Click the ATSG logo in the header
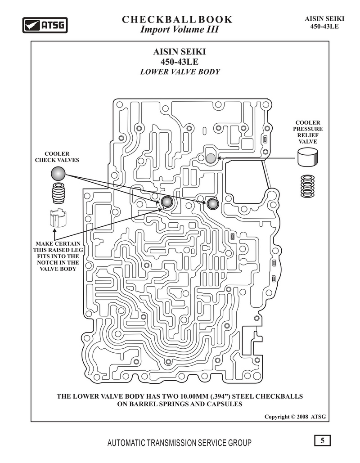pos(45,25)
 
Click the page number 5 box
pos(322,441)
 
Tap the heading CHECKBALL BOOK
pos(177,19)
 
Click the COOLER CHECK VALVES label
pos(57,157)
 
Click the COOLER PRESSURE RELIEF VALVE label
pos(308,132)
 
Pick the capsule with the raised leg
pos(58,219)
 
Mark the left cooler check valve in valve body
pos(167,202)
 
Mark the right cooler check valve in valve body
pos(211,203)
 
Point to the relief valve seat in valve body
pos(211,158)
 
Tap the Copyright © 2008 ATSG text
pos(295,417)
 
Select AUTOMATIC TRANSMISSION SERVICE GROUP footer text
pos(180,443)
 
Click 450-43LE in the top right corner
pos(324,26)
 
